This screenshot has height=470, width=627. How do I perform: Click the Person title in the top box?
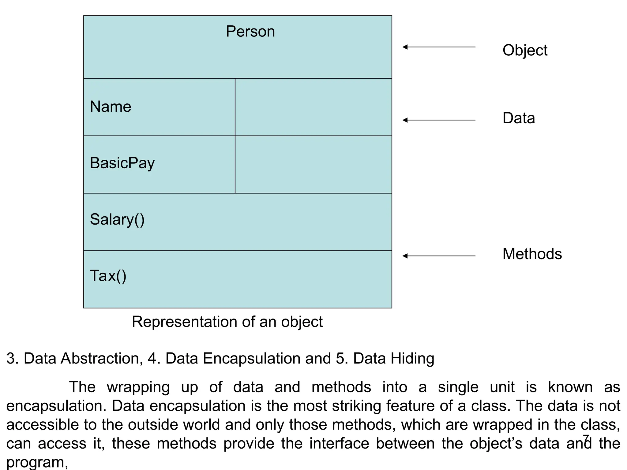pyautogui.click(x=250, y=32)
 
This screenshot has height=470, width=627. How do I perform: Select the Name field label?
pyautogui.click(x=111, y=107)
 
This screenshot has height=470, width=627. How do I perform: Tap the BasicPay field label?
pyautogui.click(x=122, y=163)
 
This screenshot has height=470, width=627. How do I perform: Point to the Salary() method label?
pyautogui.click(x=117, y=219)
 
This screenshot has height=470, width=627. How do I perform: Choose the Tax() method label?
pyautogui.click(x=108, y=276)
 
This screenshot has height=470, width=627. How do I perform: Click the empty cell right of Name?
pyautogui.click(x=313, y=107)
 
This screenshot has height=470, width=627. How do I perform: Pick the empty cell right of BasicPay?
pyautogui.click(x=313, y=165)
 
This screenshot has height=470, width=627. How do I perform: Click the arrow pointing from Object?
pyautogui.click(x=439, y=47)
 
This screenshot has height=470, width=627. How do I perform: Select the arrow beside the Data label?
pyautogui.click(x=439, y=120)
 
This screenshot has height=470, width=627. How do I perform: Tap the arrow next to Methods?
pyautogui.click(x=439, y=256)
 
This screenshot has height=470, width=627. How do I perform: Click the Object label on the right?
pyautogui.click(x=525, y=50)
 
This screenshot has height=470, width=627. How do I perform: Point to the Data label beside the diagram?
pyautogui.click(x=519, y=118)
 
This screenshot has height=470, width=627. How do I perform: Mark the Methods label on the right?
pyautogui.click(x=532, y=254)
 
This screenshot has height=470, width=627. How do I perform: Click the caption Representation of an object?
pyautogui.click(x=227, y=322)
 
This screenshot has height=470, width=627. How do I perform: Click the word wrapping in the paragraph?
pyautogui.click(x=138, y=387)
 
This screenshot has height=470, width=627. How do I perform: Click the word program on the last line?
pyautogui.click(x=35, y=463)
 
